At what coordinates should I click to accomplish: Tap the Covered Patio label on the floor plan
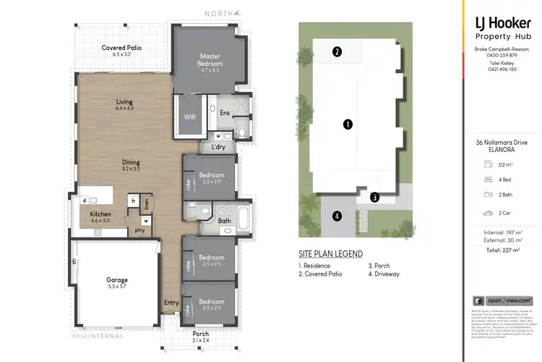(x=121, y=48)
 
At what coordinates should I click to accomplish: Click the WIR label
(x=190, y=116)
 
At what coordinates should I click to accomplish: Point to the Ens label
(x=225, y=113)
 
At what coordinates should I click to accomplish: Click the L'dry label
(x=219, y=148)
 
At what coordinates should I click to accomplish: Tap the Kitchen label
(x=100, y=214)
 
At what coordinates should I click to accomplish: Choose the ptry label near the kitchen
(x=139, y=231)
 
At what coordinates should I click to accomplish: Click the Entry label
(x=171, y=303)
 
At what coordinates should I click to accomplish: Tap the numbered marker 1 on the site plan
(x=348, y=124)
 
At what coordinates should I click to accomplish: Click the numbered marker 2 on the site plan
(x=337, y=51)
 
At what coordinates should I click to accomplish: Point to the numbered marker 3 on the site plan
(x=374, y=197)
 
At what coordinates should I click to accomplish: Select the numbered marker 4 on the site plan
(x=337, y=215)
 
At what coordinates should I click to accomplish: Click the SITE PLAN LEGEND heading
(x=330, y=255)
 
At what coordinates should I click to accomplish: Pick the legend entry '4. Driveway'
(x=384, y=274)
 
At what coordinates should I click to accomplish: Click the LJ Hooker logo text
(x=502, y=23)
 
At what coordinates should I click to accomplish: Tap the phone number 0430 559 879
(x=502, y=55)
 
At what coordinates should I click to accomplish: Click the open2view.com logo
(x=502, y=300)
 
